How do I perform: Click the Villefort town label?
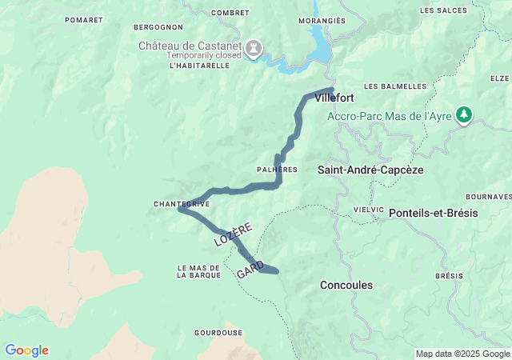(334, 98)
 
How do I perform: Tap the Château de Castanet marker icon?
(254, 49)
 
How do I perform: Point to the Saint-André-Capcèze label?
(370, 170)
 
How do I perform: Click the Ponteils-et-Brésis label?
(433, 214)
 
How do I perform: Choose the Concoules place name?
(346, 285)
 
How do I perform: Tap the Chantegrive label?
(182, 204)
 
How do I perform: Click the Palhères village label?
(277, 170)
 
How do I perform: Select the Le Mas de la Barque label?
(199, 271)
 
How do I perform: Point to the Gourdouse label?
(218, 332)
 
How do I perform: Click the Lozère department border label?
(233, 231)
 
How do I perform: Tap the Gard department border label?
(250, 270)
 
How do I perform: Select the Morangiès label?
(322, 21)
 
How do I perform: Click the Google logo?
(26, 350)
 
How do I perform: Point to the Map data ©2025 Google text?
(462, 354)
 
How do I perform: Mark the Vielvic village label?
(369, 209)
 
